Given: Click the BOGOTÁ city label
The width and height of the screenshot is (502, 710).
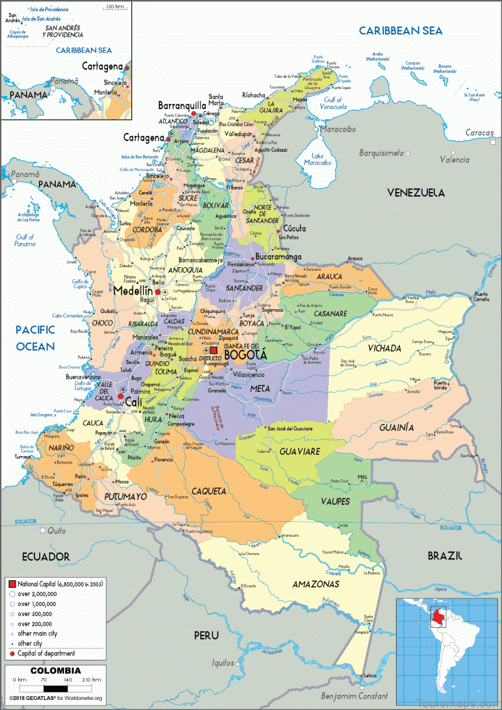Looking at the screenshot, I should (245, 355).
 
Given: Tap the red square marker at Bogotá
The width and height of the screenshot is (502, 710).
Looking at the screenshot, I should (213, 351).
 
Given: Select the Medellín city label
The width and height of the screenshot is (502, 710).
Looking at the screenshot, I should (133, 291).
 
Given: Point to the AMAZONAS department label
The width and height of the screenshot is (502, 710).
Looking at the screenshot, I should (316, 584).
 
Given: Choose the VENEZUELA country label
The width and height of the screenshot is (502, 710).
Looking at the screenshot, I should (415, 193).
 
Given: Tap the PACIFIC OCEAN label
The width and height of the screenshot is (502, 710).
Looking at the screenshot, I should (36, 338).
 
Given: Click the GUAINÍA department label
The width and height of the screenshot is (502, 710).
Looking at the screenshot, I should (396, 427).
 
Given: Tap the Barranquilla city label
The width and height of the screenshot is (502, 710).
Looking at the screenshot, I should (182, 105).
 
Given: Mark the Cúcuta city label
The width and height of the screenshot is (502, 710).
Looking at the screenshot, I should (294, 229).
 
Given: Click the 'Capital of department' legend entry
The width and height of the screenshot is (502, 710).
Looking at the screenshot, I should (46, 653).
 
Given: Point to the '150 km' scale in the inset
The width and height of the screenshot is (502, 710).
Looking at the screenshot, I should (115, 6).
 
